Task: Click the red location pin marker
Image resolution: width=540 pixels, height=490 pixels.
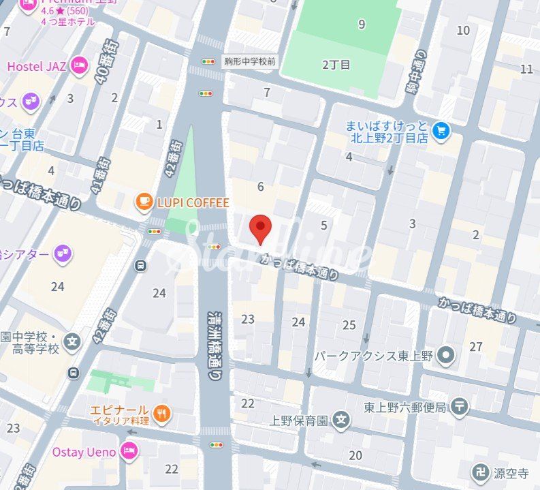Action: pyautogui.click(x=260, y=228)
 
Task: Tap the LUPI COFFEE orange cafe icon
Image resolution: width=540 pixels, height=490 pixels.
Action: pyautogui.click(x=143, y=202)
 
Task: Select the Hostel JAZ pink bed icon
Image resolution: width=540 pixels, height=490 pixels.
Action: pyautogui.click(x=80, y=66)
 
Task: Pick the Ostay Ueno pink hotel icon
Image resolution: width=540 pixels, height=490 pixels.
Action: pyautogui.click(x=128, y=450)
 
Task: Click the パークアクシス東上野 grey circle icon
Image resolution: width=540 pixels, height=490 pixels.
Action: pyautogui.click(x=446, y=354)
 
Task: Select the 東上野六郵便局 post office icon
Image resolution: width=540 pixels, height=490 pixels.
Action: pyautogui.click(x=461, y=408)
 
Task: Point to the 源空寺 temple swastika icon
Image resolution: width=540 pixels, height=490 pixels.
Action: pyautogui.click(x=481, y=472)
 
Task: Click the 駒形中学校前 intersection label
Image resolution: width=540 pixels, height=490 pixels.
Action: pyautogui.click(x=250, y=61)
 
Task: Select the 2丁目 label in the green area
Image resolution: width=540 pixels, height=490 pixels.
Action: pyautogui.click(x=336, y=65)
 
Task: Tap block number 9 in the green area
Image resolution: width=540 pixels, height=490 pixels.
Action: pyautogui.click(x=362, y=25)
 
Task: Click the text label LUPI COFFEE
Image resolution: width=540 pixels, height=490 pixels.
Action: pyautogui.click(x=193, y=202)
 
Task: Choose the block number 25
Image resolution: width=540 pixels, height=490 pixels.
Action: pyautogui.click(x=349, y=325)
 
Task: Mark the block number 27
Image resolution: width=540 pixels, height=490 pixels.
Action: pyautogui.click(x=475, y=347)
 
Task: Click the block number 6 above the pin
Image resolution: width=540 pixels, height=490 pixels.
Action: pyautogui.click(x=260, y=187)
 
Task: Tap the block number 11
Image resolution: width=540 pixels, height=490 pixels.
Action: pyautogui.click(x=526, y=69)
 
